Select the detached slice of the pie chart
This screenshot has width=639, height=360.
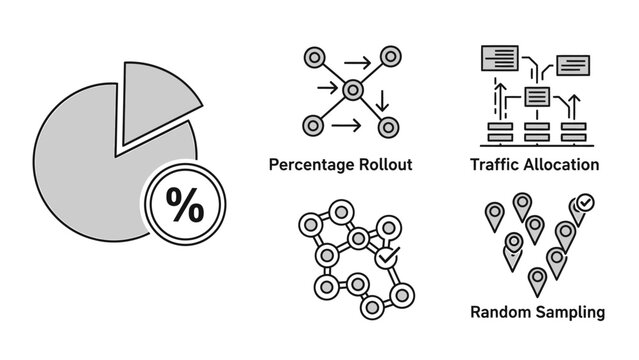pyautogui.click(x=150, y=104)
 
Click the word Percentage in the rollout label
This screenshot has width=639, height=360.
pyautogui.click(x=312, y=164)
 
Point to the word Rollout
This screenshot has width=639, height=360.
pyautogui.click(x=385, y=164)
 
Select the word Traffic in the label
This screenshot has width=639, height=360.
pyautogui.click(x=494, y=164)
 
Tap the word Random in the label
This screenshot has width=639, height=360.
pyautogui.click(x=499, y=312)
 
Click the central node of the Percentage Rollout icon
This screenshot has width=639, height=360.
pyautogui.click(x=352, y=91)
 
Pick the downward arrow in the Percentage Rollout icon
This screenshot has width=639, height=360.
pyautogui.click(x=381, y=100)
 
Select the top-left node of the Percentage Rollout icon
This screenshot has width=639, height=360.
pyautogui.click(x=313, y=57)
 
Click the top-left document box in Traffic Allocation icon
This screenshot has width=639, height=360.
pyautogui.click(x=498, y=56)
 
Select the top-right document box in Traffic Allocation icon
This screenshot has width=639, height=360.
pyautogui.click(x=573, y=64)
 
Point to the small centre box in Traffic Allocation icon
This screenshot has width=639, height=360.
pyautogui.click(x=537, y=96)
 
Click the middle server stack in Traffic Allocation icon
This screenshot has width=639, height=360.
pyautogui.click(x=537, y=130)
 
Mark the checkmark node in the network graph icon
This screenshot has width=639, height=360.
pyautogui.click(x=386, y=258)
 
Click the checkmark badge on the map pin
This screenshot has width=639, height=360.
pyautogui.click(x=586, y=202)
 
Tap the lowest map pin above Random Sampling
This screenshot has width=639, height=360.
pyautogui.click(x=537, y=281)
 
